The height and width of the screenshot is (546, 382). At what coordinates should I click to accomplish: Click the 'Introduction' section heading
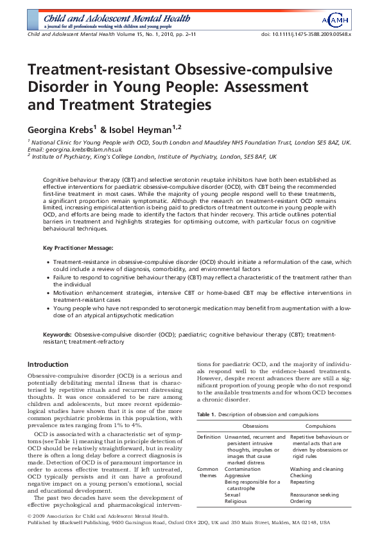pyautogui.click(x=48, y=364)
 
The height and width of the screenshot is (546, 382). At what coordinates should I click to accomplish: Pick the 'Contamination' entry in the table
pyautogui.click(x=243, y=469)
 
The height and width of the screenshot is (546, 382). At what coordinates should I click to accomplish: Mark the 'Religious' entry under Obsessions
pyautogui.click(x=236, y=501)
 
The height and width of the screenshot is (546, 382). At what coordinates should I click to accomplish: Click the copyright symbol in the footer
pyautogui.click(x=30, y=516)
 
